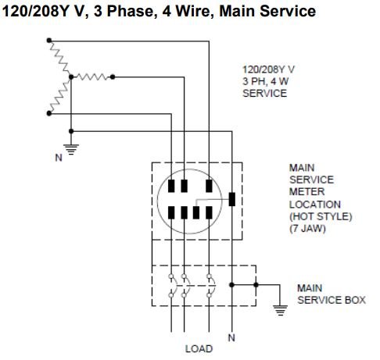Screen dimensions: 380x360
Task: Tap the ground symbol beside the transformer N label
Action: [x=71, y=149]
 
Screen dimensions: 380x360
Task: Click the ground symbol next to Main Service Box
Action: [x=280, y=310]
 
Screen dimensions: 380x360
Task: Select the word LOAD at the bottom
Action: [x=199, y=349]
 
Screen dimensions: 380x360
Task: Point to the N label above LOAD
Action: [x=231, y=337]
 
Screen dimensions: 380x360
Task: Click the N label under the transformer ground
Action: [x=59, y=158]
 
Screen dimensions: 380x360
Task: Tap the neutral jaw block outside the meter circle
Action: [x=231, y=199]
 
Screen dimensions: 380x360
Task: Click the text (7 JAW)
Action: [x=307, y=229]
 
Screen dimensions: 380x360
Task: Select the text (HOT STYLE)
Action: [x=321, y=216]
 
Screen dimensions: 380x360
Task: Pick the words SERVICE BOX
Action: [x=332, y=300]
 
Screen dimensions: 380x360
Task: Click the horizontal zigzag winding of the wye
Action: [x=91, y=77]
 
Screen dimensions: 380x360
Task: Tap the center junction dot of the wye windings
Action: [x=71, y=77]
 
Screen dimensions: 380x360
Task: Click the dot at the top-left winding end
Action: [x=49, y=41]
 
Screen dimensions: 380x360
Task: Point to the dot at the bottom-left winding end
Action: [x=49, y=113]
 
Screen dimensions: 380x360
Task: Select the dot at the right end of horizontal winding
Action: [x=113, y=77]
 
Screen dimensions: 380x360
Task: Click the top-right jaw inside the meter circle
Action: [x=209, y=186]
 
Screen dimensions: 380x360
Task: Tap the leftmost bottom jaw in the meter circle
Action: [x=171, y=212]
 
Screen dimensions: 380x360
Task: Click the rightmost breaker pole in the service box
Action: [x=210, y=285]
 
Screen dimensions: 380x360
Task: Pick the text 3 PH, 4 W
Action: [x=265, y=81]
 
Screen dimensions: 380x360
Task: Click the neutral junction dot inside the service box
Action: [x=231, y=285]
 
